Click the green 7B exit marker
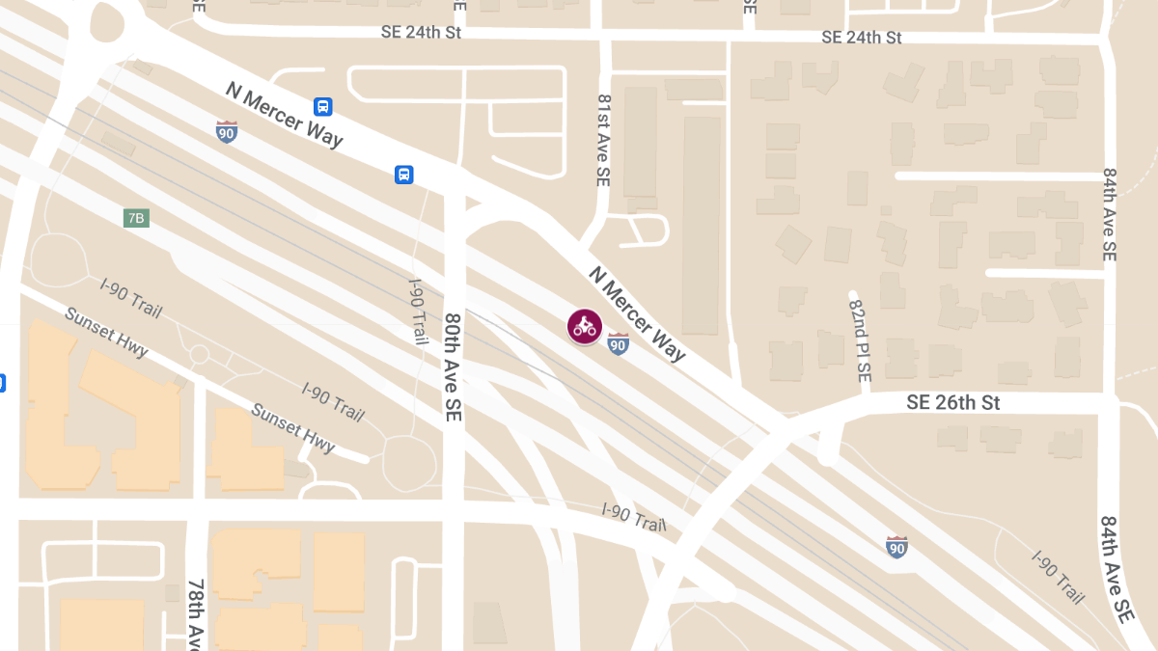(x=136, y=218)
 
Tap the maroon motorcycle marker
(x=584, y=326)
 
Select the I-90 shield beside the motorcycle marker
(x=619, y=343)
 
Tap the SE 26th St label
(x=952, y=402)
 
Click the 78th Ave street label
(x=197, y=614)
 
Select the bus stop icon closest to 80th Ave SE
(x=404, y=175)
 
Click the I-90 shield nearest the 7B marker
(x=227, y=131)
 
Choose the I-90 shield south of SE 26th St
(x=896, y=547)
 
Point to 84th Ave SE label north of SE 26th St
(x=1110, y=215)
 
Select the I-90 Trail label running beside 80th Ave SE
(x=418, y=310)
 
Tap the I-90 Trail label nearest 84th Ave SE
(x=1059, y=577)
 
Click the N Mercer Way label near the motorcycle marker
(x=637, y=314)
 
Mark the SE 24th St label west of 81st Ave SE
(x=422, y=33)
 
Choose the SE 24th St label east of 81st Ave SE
(x=861, y=38)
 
